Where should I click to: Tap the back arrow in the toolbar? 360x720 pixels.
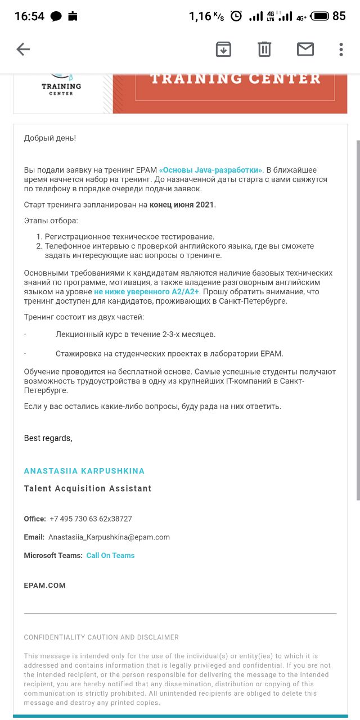(23, 49)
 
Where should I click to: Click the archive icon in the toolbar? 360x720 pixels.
(223, 49)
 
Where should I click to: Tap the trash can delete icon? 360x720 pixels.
(264, 49)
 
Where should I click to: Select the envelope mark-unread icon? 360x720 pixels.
(305, 49)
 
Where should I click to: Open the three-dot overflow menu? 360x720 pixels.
(341, 49)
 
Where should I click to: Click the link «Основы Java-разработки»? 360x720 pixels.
(211, 170)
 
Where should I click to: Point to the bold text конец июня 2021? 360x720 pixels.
(182, 205)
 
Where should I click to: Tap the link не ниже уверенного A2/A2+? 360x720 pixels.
(147, 292)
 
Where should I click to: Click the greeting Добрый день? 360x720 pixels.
(49, 138)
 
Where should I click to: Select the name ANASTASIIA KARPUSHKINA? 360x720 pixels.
(84, 471)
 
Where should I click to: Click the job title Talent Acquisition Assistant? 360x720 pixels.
(87, 489)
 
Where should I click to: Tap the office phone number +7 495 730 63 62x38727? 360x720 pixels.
(91, 519)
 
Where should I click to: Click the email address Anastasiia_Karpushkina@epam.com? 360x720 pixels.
(109, 537)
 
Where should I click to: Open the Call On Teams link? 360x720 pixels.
(110, 556)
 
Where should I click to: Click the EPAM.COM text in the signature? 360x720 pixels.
(44, 586)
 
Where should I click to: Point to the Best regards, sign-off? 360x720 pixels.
(48, 438)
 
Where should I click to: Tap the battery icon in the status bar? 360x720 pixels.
(319, 16)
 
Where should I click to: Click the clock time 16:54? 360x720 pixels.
(29, 16)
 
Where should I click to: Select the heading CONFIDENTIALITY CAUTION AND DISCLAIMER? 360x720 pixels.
(101, 637)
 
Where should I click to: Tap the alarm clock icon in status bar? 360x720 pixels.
(236, 16)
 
